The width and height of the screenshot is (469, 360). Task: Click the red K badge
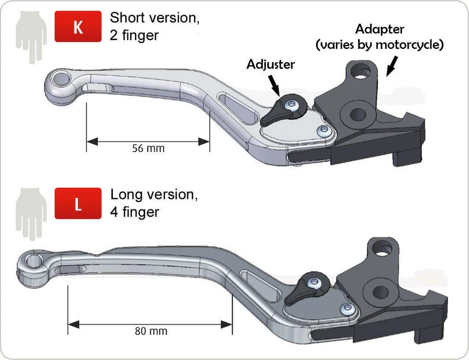click(78, 27)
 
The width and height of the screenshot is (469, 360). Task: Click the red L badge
click(78, 204)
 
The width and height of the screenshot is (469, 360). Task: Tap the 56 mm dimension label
click(148, 148)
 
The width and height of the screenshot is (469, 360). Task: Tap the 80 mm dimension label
click(151, 331)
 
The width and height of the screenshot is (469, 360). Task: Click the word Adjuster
click(271, 64)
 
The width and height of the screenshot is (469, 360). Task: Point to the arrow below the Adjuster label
click(274, 84)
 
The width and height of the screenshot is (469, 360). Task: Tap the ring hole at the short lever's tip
click(62, 78)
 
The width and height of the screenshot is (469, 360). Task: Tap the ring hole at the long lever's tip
click(34, 260)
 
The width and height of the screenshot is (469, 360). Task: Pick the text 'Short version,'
click(155, 18)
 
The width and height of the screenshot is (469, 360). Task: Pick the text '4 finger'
click(135, 212)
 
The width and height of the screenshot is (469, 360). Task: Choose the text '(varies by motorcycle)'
click(380, 45)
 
